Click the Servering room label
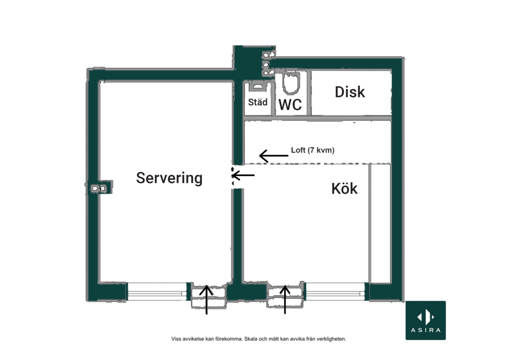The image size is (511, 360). [x=169, y=178]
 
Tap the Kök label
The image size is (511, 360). [x=344, y=189]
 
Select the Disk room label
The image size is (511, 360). [x=350, y=92]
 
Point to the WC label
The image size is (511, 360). [x=290, y=105]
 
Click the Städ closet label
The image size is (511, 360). [x=257, y=102]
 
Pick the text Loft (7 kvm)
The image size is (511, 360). [x=313, y=150]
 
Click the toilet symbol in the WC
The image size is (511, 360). [x=290, y=82]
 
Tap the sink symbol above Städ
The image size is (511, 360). [x=258, y=87]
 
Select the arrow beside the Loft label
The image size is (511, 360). [x=274, y=156]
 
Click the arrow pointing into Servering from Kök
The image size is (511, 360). [x=243, y=175]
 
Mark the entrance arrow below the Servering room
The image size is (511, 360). [x=206, y=300]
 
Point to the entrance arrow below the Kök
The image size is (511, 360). [x=285, y=299]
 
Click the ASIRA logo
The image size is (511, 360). [x=425, y=320]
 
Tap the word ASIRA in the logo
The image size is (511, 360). [x=425, y=330]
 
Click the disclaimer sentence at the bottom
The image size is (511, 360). [x=258, y=339]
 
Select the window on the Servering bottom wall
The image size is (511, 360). [x=157, y=291]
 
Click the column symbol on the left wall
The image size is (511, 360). [x=99, y=188]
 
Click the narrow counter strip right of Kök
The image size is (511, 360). [x=380, y=223]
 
